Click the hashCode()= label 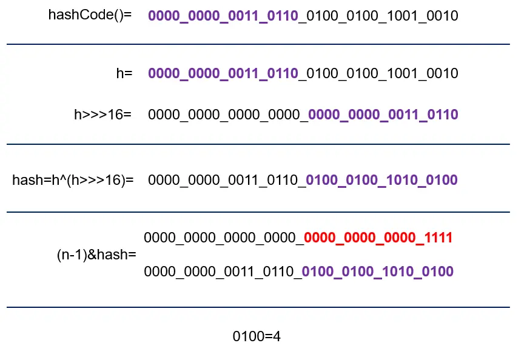90,15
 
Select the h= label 124,73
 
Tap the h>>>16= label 102,114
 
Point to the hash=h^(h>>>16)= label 73,179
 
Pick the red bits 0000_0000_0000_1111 378,238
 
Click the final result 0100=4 257,336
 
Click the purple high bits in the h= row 223,74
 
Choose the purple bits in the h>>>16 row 383,115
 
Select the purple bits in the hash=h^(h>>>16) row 382,180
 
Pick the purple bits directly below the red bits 378,271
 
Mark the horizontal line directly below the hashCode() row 258,44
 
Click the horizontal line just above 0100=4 258,307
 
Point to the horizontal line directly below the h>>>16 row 258,144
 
